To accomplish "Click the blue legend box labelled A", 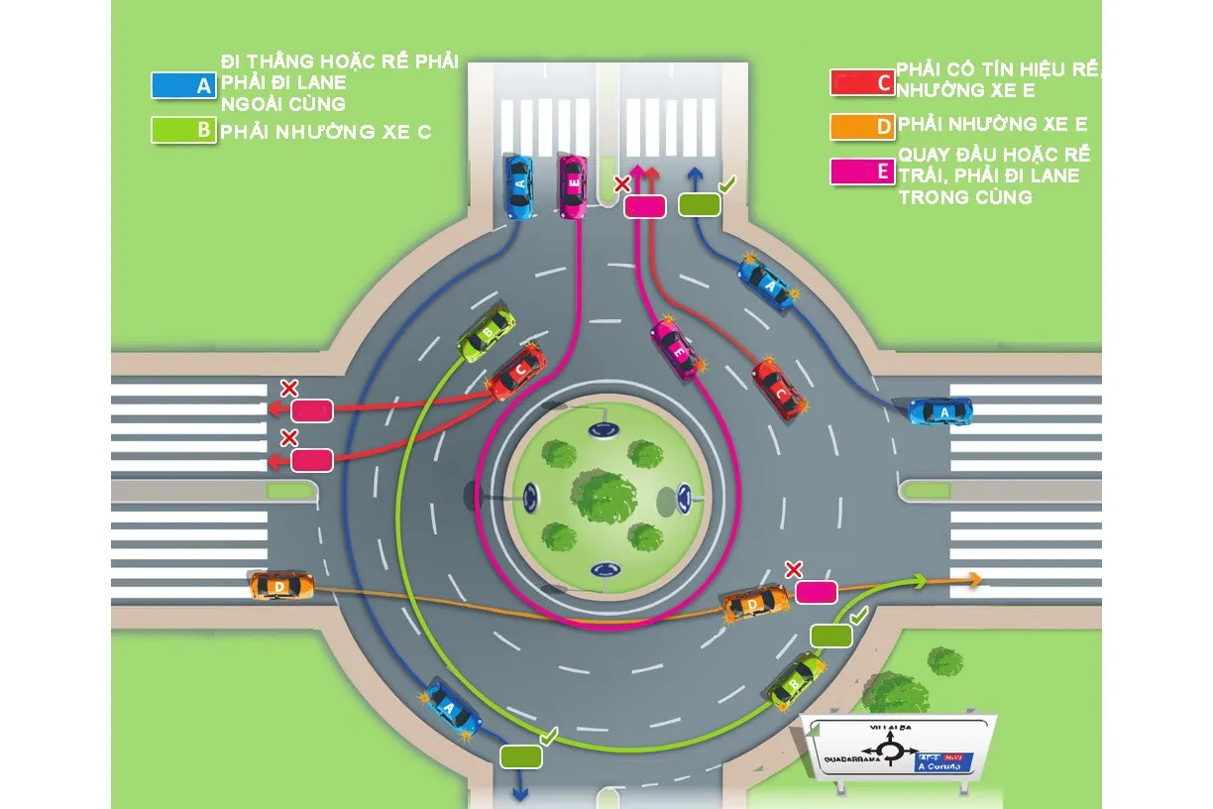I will pos(183,85).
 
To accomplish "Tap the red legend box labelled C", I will pos(862,82).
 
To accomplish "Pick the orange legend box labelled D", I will pos(862,126).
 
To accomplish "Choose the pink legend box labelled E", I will pos(862,172).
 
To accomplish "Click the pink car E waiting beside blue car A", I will pos(573,185).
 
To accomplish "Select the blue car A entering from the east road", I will pos(940,410).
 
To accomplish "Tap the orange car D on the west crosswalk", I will pos(281,586).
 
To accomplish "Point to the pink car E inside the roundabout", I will pos(678,348).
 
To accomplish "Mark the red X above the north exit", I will pos(621,184).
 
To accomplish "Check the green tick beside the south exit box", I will pos(548,736).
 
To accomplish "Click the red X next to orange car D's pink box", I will pos(793,569).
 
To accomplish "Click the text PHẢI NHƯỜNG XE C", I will pos(326,132).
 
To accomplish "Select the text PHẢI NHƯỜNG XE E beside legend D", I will pos(992,125).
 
